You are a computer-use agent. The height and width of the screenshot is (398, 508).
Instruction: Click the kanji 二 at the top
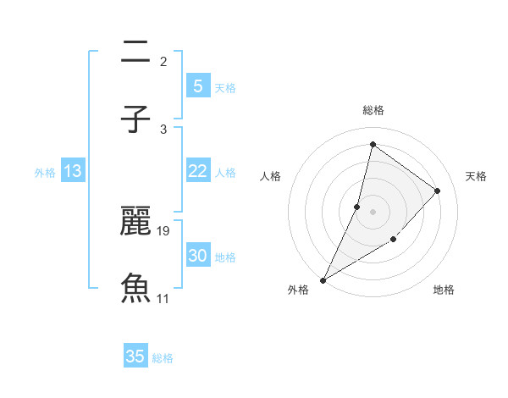coord(135,53)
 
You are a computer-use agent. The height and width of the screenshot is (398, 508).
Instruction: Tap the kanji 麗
coord(135,221)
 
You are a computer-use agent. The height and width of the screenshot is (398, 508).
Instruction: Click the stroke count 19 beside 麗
coord(163,230)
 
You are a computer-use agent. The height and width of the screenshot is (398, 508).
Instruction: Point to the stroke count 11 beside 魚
coord(163,298)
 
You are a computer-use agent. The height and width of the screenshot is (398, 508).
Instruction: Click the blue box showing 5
coord(197,86)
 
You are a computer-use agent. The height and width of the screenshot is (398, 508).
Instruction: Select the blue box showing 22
coord(197,171)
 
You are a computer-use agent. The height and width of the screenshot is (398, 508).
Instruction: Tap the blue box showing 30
coord(197,256)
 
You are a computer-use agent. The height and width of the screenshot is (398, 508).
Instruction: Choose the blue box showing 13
coord(73,171)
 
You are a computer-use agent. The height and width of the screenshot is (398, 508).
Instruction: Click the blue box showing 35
coord(135,357)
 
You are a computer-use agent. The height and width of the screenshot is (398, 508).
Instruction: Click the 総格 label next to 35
coord(163,358)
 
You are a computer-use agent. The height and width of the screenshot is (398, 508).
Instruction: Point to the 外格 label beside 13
coord(45,173)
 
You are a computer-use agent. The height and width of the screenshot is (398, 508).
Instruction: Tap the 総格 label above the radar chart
coord(373,110)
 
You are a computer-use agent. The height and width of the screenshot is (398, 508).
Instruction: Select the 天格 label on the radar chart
coord(476,176)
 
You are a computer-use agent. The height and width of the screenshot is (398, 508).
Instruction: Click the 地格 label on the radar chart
coord(444,290)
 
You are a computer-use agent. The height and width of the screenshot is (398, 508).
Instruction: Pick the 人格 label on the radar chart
coord(270,176)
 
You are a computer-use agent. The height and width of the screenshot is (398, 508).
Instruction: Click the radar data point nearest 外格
coord(323,279)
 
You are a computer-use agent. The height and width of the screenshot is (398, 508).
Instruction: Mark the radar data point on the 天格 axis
coord(438,191)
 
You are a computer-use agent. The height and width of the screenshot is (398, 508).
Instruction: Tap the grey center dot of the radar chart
coord(373,212)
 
